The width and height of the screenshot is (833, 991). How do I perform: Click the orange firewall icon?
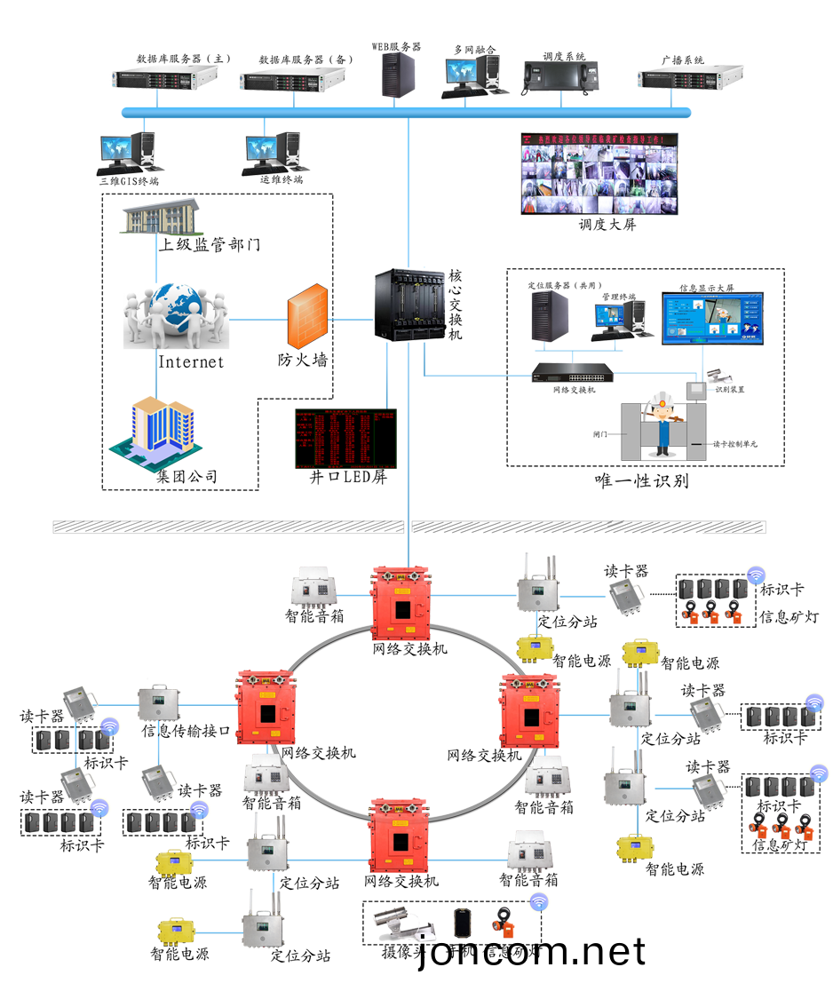(x=307, y=317)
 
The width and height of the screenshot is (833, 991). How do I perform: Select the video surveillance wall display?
(x=599, y=174)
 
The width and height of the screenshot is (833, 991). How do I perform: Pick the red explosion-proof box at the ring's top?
(x=401, y=603)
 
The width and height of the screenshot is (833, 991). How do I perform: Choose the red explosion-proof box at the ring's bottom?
(x=399, y=835)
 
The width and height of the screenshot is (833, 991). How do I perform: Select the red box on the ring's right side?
(x=531, y=710)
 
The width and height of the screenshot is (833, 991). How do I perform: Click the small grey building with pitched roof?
(x=161, y=217)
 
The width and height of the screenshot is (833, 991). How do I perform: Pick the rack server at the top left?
(x=165, y=78)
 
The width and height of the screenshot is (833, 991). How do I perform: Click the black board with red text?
(x=345, y=438)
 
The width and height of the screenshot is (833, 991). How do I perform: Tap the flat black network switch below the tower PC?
(x=573, y=373)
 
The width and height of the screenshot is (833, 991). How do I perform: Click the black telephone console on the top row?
(x=560, y=77)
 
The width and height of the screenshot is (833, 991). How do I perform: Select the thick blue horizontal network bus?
(x=406, y=113)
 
